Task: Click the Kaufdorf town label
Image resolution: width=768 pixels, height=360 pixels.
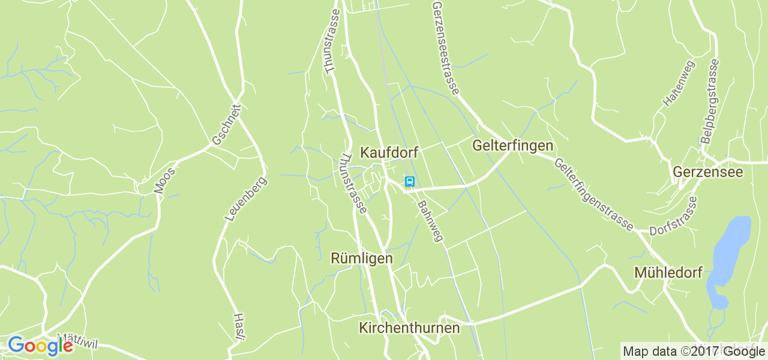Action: (389, 152)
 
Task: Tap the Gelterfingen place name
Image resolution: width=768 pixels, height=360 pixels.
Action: (512, 146)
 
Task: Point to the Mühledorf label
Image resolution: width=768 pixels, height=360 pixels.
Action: (668, 273)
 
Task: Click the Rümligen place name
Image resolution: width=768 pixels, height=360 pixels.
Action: (362, 259)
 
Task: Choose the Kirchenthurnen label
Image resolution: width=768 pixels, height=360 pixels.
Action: (409, 328)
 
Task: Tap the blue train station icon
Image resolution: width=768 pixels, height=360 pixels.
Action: (410, 181)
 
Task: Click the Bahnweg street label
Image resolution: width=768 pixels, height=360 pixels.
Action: (430, 220)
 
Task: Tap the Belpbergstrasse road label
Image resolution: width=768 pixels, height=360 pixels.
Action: (710, 101)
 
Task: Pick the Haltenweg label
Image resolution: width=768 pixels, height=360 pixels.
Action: (678, 83)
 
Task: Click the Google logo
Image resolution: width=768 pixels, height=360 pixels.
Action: (40, 346)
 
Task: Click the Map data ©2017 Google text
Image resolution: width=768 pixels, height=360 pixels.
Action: (693, 351)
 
